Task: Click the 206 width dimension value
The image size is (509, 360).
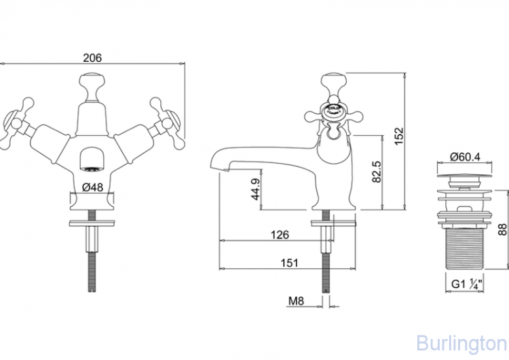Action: (x=92, y=58)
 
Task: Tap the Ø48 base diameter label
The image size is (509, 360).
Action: (x=92, y=187)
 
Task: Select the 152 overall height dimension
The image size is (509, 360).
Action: (x=399, y=136)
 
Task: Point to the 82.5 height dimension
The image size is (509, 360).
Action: (x=377, y=172)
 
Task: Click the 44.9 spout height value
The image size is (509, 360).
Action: (x=256, y=190)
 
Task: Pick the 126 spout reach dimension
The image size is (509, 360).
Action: (x=280, y=234)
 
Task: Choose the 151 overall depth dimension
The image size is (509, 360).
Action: (x=288, y=262)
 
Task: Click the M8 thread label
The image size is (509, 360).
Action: (x=297, y=301)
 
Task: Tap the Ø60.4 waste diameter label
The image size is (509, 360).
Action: (x=465, y=157)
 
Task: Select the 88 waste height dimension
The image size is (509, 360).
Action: (x=502, y=229)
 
